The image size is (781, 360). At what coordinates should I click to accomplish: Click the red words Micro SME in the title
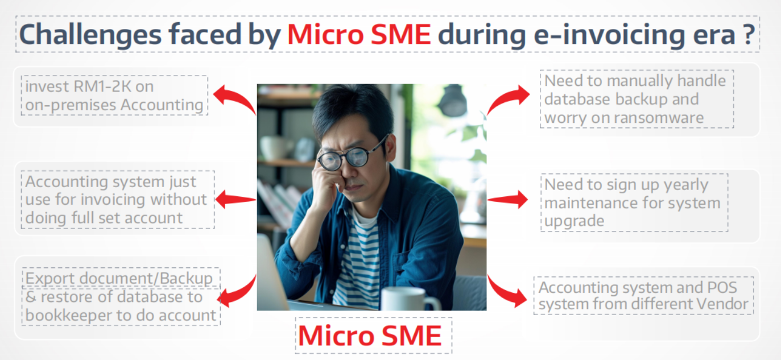359,35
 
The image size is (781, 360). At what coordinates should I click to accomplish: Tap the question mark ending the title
748,35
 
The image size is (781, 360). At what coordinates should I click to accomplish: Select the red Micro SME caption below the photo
370,336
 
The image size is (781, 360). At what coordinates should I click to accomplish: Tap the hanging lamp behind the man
453,101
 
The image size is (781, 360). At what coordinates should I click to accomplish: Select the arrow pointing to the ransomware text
507,98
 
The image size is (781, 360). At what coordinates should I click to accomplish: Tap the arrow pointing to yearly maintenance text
507,200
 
